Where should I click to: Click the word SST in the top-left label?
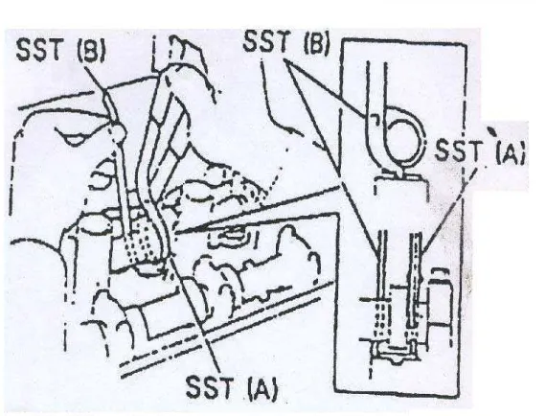tap(39, 50)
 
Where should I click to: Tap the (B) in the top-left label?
tap(91, 51)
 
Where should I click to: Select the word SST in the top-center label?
tap(266, 41)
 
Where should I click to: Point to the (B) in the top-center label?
tap(316, 43)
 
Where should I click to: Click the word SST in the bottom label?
tap(209, 386)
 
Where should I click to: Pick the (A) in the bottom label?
tap(263, 389)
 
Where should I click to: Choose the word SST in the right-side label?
tap(459, 150)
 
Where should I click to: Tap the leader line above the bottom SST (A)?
tap(195, 313)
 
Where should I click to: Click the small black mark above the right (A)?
tap(491, 132)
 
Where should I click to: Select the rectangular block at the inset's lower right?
tap(441, 303)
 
